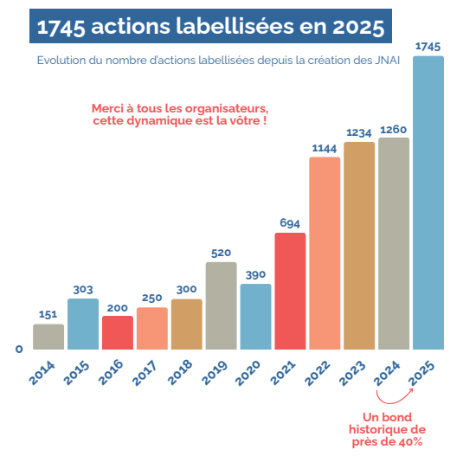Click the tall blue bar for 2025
[428, 203]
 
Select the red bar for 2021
[290, 292]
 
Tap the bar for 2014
[48, 337]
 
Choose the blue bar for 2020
[255, 317]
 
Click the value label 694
[290, 222]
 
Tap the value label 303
[83, 289]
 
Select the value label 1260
[394, 129]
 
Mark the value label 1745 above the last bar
[428, 46]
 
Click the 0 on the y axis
[18, 350]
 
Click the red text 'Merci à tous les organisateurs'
[179, 108]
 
